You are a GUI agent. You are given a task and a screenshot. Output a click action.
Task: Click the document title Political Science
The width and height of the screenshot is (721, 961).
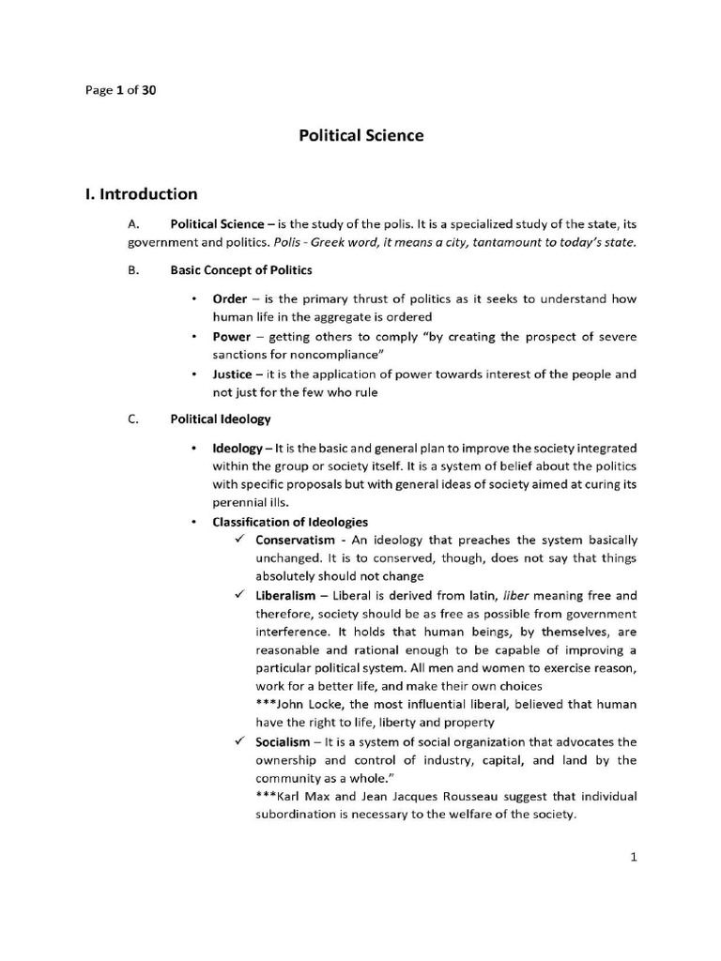(360, 135)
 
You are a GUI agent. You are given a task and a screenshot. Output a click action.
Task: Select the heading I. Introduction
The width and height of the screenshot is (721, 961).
(141, 194)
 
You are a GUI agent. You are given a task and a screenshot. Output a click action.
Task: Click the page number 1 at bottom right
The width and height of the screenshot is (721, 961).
(634, 856)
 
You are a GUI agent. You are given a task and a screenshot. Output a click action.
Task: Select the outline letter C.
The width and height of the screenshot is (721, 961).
(132, 419)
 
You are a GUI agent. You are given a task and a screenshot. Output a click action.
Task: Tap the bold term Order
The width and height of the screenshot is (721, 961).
(230, 299)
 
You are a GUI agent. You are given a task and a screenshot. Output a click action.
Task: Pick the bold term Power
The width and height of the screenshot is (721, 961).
(232, 337)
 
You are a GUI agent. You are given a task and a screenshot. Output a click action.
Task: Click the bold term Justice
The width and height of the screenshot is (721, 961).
(233, 374)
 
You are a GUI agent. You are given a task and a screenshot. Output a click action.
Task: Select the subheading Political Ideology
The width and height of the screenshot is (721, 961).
(220, 419)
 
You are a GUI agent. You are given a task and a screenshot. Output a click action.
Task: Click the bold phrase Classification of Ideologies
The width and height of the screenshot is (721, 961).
(290, 522)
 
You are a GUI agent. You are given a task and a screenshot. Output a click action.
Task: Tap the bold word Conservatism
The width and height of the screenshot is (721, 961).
(295, 541)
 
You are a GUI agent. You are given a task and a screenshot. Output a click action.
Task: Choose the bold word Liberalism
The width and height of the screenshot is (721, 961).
(285, 596)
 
